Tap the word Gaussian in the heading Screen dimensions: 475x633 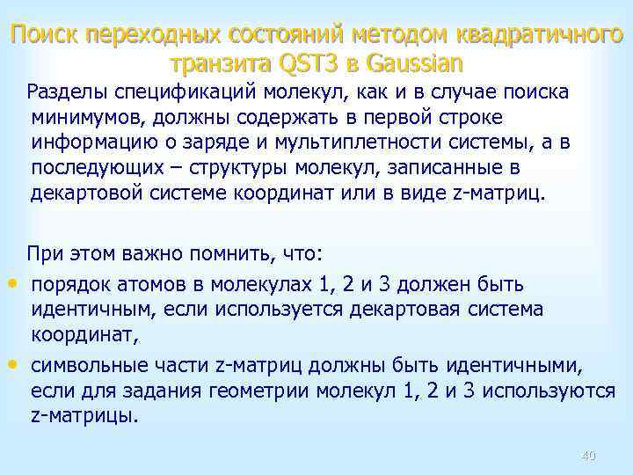pos(412,63)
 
